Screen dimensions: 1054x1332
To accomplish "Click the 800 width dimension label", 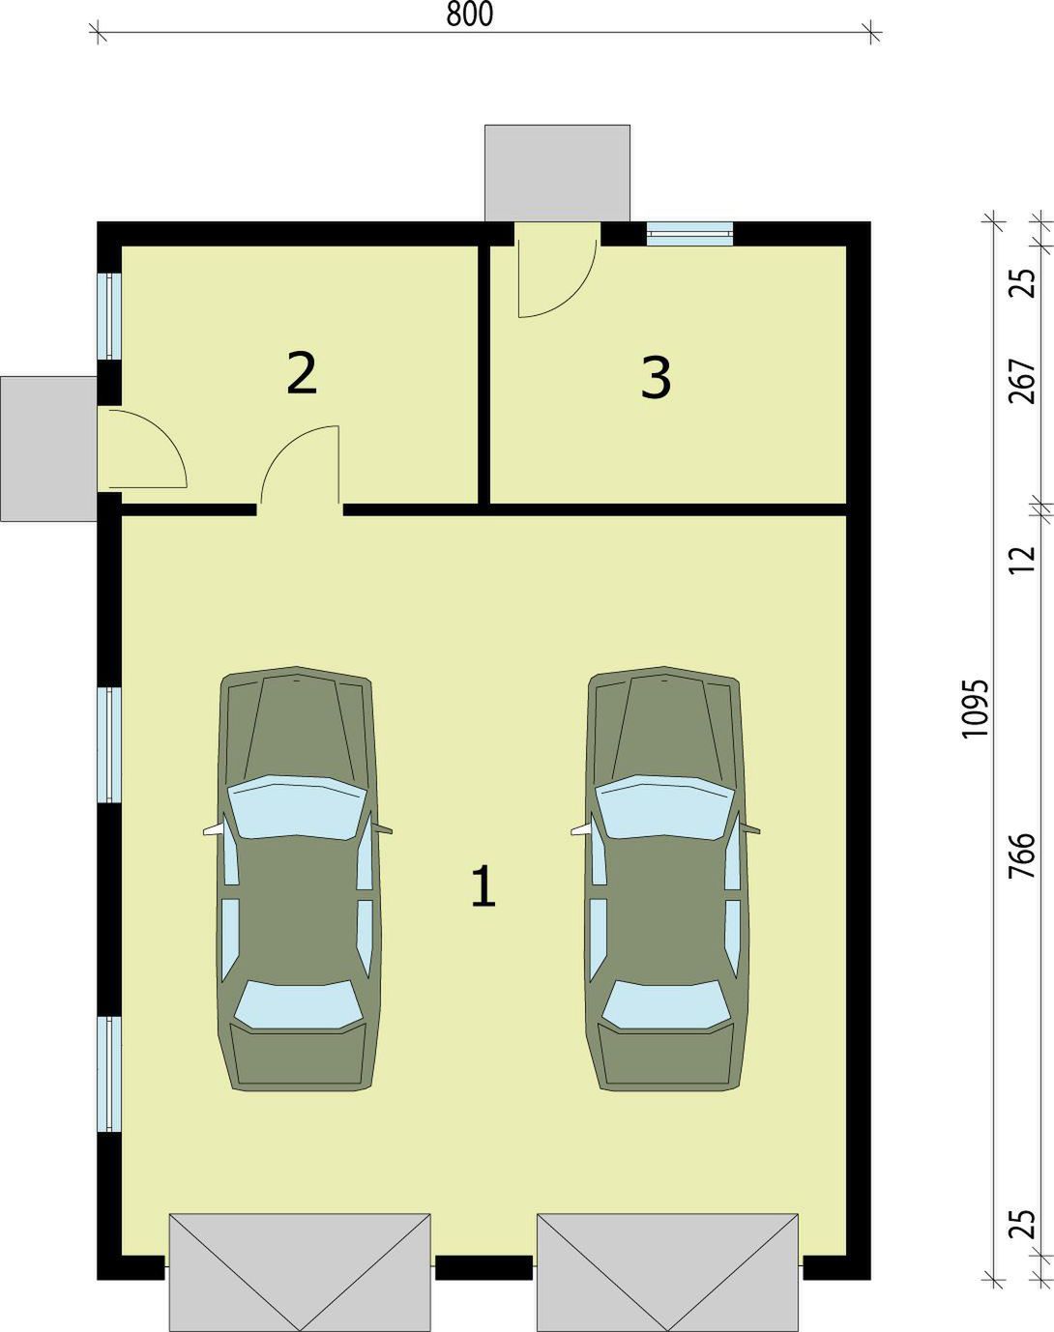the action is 470,14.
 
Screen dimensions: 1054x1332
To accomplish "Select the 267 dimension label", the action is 1022,381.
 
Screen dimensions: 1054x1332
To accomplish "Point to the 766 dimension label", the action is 1022,855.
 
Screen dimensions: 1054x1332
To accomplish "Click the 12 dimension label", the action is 1022,560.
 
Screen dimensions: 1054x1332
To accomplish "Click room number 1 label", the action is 483,886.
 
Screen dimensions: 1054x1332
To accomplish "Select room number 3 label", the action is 656,378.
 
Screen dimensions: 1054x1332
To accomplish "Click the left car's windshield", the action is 297,807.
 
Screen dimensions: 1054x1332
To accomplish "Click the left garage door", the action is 300,1272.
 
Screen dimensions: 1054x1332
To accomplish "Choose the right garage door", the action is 667,1272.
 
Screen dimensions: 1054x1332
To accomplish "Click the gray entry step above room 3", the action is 557,173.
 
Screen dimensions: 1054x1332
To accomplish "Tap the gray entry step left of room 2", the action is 48,449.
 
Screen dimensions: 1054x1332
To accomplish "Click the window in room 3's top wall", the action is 689,234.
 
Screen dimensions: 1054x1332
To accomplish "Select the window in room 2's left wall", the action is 109,316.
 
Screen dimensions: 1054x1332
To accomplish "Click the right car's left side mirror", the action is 581,830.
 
